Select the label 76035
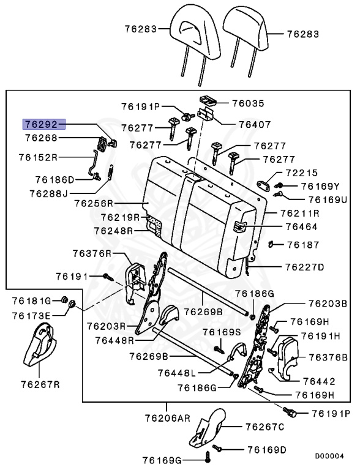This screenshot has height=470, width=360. coord(248,103)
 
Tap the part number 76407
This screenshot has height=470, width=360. coord(255,124)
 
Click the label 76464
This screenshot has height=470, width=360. coord(301,226)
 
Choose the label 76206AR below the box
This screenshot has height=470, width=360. coord(167,418)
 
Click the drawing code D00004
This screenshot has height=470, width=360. coord(329,456)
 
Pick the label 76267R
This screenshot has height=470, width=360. coord(40,384)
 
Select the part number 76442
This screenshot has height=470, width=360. coord(319,381)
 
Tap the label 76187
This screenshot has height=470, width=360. coord(303,245)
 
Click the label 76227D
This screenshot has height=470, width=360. coord(304,267)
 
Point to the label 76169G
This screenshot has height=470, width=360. coord(162,460)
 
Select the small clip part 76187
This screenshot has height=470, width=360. coord(271,244)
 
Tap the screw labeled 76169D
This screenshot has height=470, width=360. coord(217,449)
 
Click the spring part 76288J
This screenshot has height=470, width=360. coord(110,173)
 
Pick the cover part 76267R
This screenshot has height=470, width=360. coord(40,345)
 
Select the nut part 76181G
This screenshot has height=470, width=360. coord(64,299)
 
